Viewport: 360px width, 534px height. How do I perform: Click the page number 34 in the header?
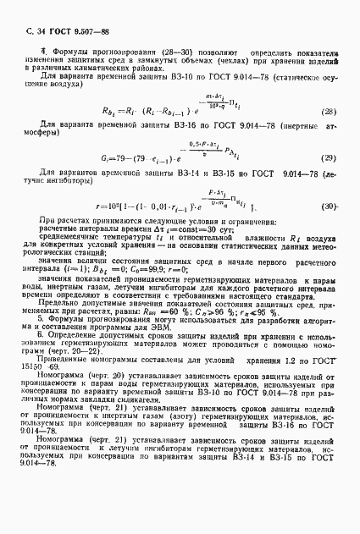click(31, 30)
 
